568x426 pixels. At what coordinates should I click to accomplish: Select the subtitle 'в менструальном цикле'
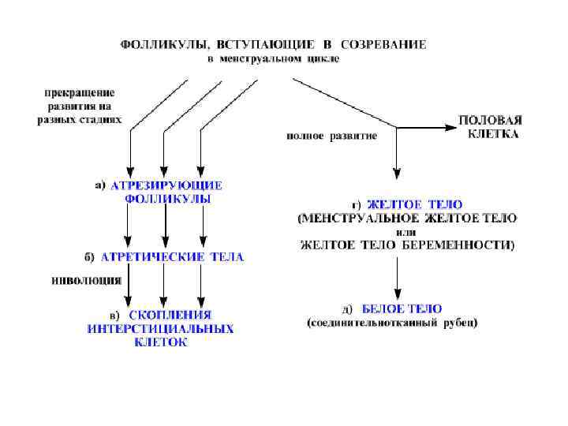[x=272, y=58]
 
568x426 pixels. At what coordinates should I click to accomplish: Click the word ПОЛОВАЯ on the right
[x=490, y=121]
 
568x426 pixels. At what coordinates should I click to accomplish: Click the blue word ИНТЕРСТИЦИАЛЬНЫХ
[x=160, y=328]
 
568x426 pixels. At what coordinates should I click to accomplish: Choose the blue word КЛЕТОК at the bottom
[x=161, y=342]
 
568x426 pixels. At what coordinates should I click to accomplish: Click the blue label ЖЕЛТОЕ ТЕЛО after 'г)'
[x=414, y=204]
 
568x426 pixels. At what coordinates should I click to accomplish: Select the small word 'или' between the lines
[x=405, y=232]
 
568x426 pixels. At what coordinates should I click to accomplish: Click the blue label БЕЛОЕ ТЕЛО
[x=402, y=308]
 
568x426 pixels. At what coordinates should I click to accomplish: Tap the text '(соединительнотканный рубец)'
[x=393, y=323]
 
